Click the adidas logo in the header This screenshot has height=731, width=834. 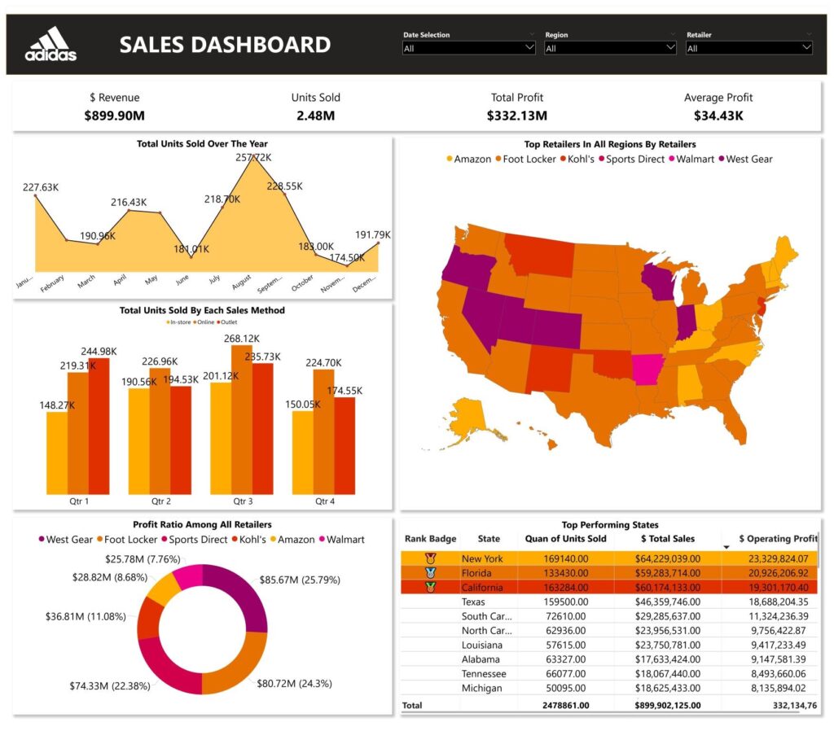click(50, 44)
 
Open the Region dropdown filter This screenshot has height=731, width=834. click(610, 48)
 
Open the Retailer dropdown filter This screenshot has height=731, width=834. click(749, 48)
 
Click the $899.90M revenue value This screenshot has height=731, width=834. click(116, 116)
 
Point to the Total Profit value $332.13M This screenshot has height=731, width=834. click(517, 116)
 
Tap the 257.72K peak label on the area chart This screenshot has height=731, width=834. click(253, 157)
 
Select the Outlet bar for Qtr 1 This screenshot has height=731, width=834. click(99, 424)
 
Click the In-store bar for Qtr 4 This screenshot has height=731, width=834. click(303, 451)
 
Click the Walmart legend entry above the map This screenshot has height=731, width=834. click(694, 159)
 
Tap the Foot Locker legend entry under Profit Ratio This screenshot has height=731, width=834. click(129, 539)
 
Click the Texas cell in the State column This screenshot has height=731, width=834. click(473, 602)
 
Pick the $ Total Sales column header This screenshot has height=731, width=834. click(666, 539)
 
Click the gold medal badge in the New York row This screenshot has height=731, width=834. click(431, 558)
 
